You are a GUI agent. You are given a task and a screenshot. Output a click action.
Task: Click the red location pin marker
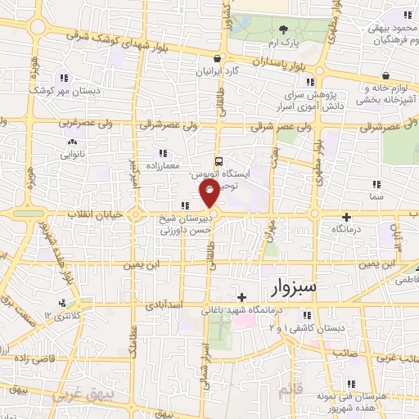[x=209, y=194]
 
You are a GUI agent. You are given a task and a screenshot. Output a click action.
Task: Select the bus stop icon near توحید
[x=218, y=161]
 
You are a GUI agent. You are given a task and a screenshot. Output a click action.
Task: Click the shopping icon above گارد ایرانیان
[x=216, y=58]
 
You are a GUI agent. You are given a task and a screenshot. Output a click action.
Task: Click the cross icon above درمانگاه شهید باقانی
[x=241, y=296]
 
